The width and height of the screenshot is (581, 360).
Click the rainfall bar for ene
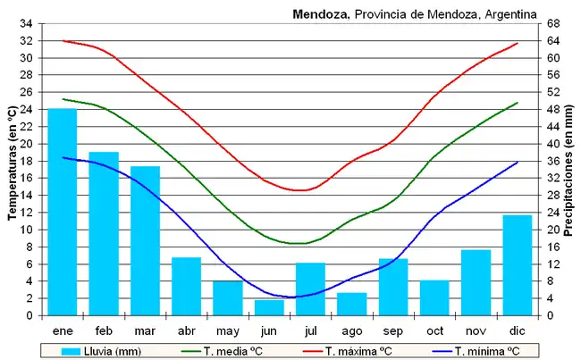(63, 212)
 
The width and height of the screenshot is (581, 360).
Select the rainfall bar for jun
(269, 307)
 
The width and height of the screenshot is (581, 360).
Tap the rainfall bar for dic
(517, 265)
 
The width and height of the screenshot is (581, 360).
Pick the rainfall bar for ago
(351, 304)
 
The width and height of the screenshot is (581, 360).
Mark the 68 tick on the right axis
(554, 23)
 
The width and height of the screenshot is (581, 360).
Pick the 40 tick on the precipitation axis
(554, 144)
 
